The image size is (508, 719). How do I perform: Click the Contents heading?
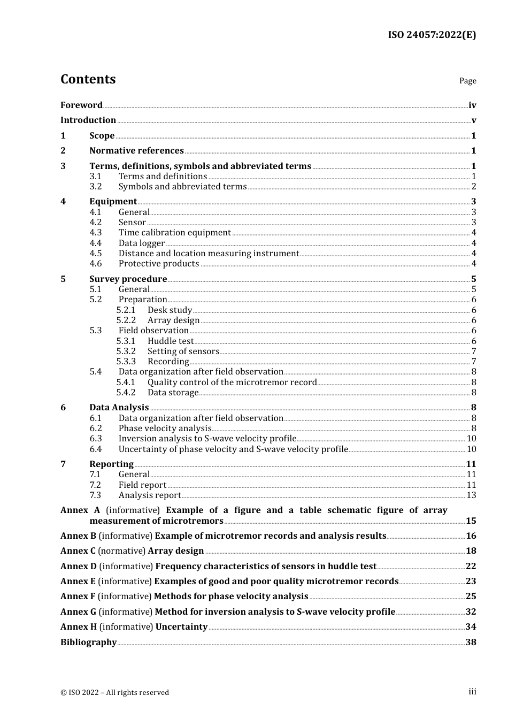[x=88, y=79]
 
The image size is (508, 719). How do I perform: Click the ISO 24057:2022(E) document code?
[x=432, y=35]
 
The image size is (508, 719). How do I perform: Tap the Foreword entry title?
[x=81, y=105]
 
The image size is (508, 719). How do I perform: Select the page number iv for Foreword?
[x=472, y=105]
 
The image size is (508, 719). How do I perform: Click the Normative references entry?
[x=136, y=151]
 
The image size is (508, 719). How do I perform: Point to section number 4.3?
[x=96, y=233]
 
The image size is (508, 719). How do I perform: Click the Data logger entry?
[x=141, y=243]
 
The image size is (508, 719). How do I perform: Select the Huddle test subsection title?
[x=171, y=341]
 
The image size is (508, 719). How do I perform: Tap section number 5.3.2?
[x=126, y=351]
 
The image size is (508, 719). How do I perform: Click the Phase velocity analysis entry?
[x=165, y=429]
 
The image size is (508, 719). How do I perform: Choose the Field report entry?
[x=142, y=485]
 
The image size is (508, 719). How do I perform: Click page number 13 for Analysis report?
[x=471, y=495]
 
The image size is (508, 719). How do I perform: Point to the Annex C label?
[x=78, y=551]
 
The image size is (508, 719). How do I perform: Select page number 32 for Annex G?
[x=471, y=612]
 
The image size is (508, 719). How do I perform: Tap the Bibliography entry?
[x=88, y=642]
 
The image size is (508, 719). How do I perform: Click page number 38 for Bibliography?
[x=471, y=642]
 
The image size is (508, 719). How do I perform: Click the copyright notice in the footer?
[x=114, y=693]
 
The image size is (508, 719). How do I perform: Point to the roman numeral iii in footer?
[x=472, y=692]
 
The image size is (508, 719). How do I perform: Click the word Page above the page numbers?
[x=467, y=81]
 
